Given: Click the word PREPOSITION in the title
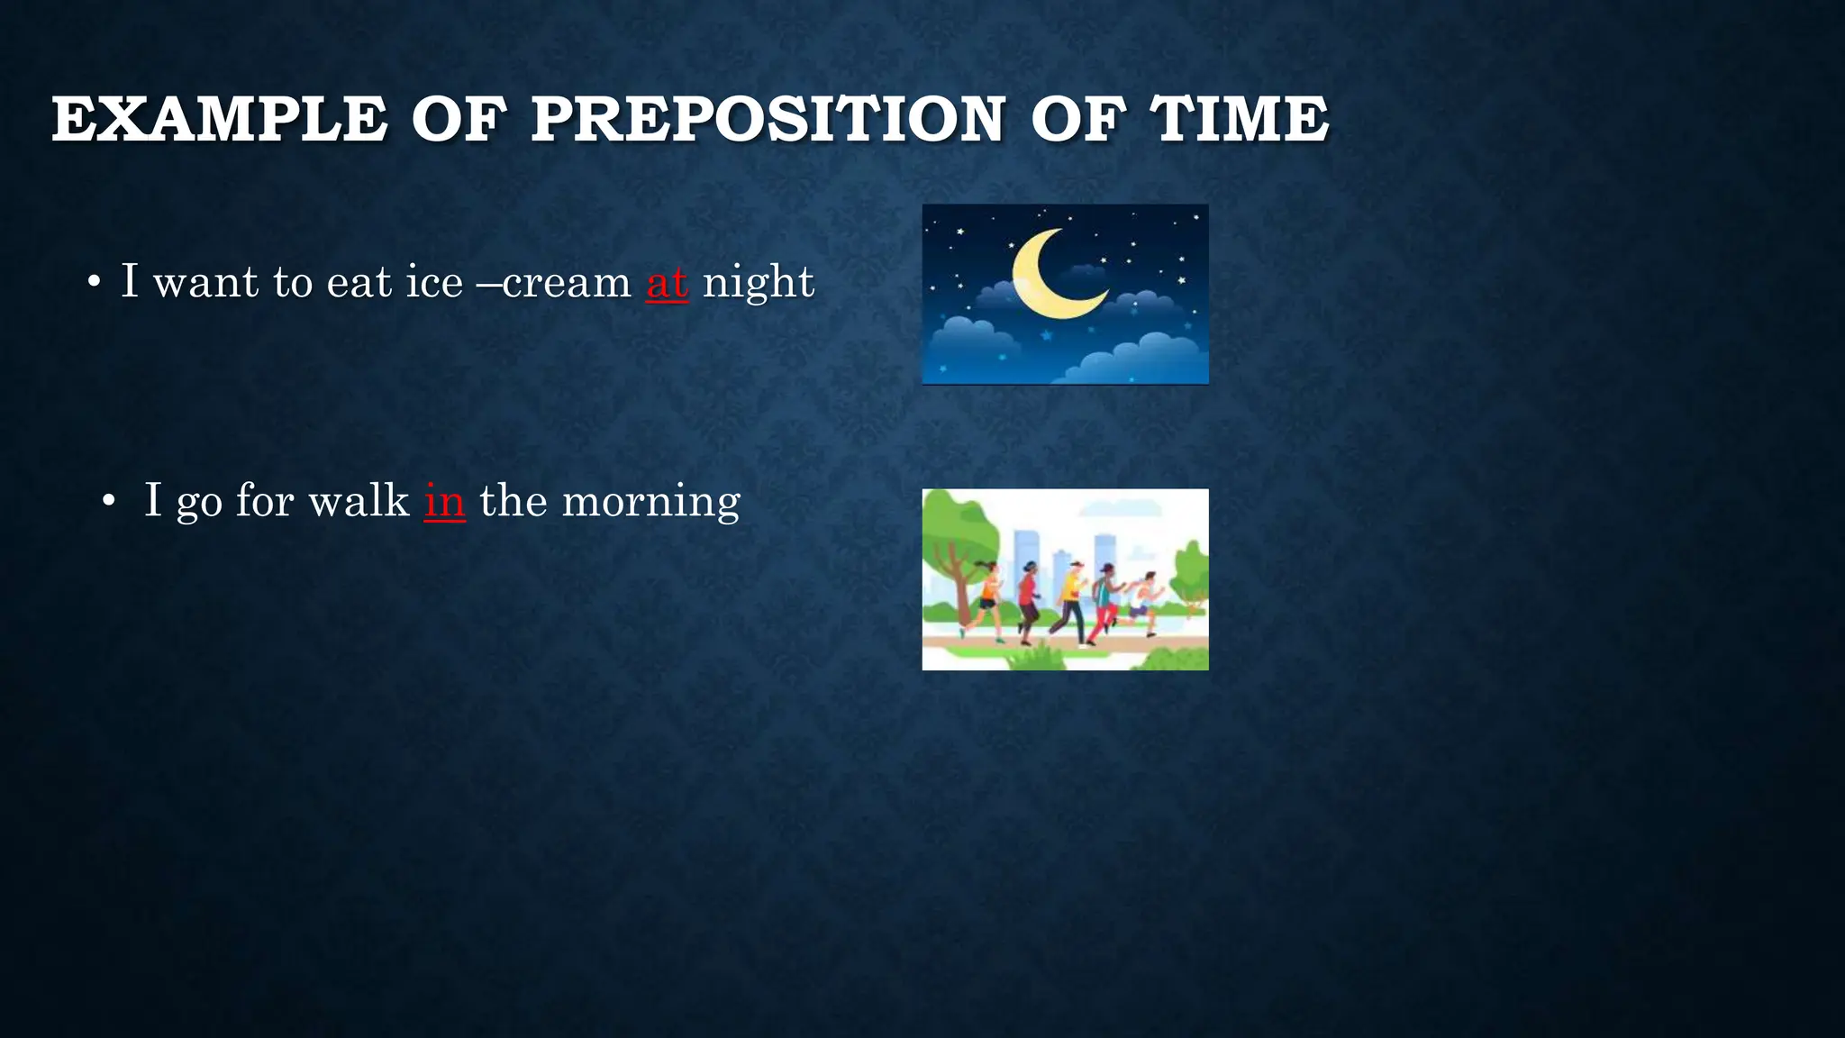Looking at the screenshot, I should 767,119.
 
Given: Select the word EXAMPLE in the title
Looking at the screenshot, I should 219,119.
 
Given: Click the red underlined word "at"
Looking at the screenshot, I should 667,283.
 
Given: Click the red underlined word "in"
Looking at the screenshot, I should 444,501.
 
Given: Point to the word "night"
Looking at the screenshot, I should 758,283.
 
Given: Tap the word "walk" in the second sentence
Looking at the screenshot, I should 359,500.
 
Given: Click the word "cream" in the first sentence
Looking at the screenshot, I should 567,284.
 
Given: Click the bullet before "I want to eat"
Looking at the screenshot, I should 94,284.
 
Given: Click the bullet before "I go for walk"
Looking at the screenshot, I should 109,502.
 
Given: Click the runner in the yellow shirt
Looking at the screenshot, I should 1070,600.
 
